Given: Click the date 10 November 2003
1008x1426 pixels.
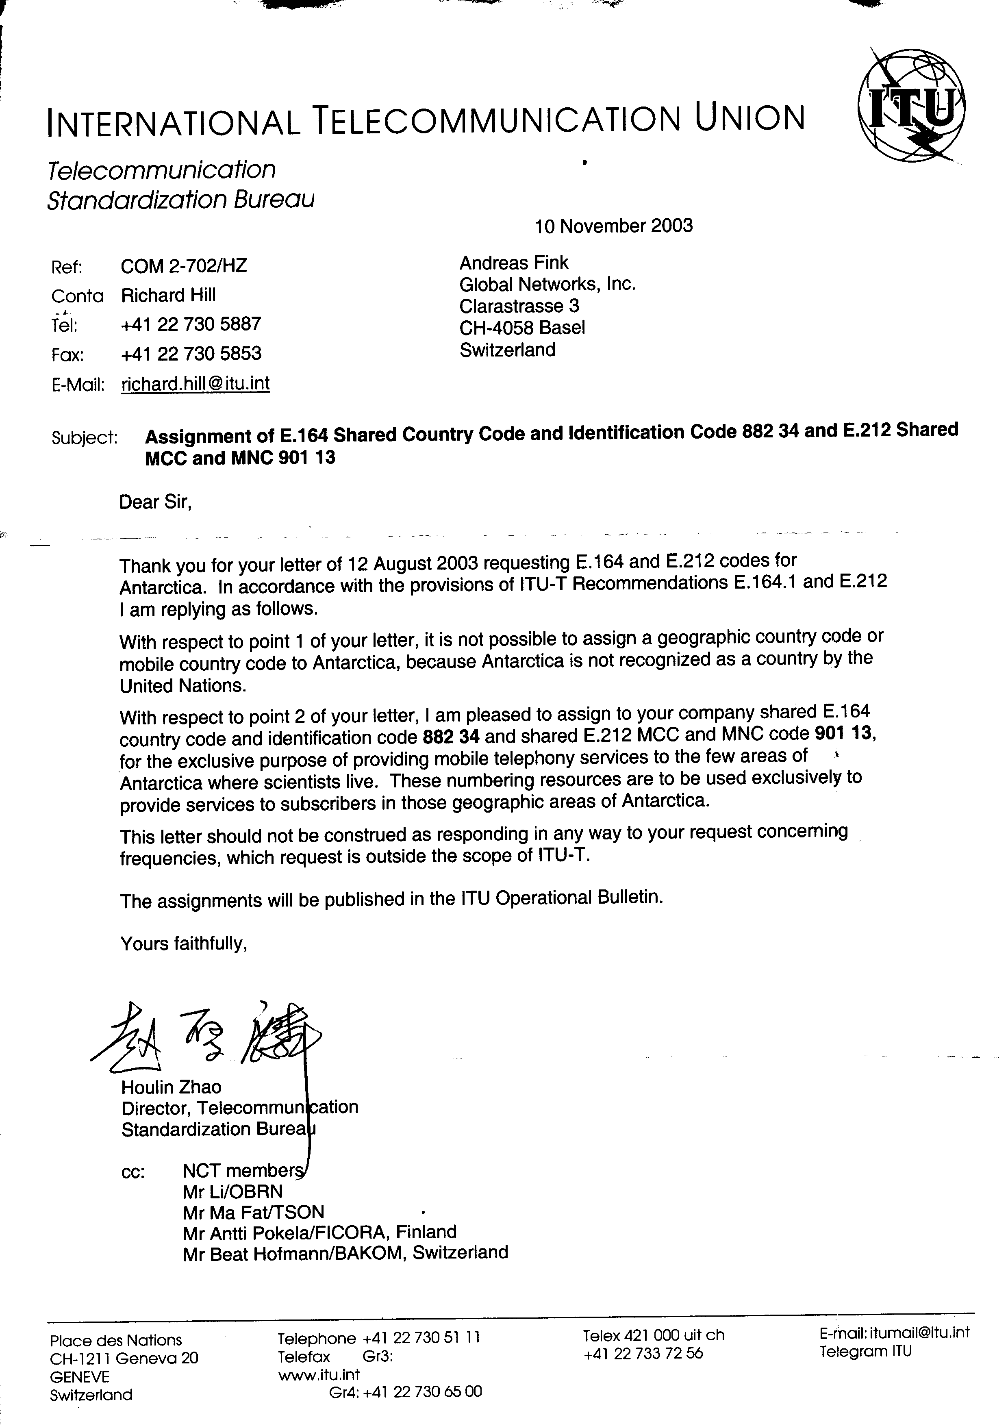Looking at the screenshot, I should click(x=614, y=226).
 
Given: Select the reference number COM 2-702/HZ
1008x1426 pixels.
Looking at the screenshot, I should click(x=184, y=266).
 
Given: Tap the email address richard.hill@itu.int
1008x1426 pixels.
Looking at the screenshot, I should click(x=195, y=384).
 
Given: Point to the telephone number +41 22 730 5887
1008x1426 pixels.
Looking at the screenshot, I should click(x=191, y=324).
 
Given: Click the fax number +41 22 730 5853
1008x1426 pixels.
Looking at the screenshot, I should click(x=191, y=354).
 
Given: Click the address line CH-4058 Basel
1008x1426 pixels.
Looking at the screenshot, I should click(x=522, y=328).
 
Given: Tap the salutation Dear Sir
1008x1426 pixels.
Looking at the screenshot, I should click(x=155, y=502).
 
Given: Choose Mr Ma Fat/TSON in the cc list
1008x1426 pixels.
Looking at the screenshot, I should click(x=253, y=1212).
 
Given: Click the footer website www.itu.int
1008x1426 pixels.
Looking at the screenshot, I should click(x=319, y=1375).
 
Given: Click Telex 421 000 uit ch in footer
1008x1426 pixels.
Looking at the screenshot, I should click(x=653, y=1335).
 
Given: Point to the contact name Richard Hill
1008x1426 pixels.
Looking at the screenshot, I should click(x=168, y=295).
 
